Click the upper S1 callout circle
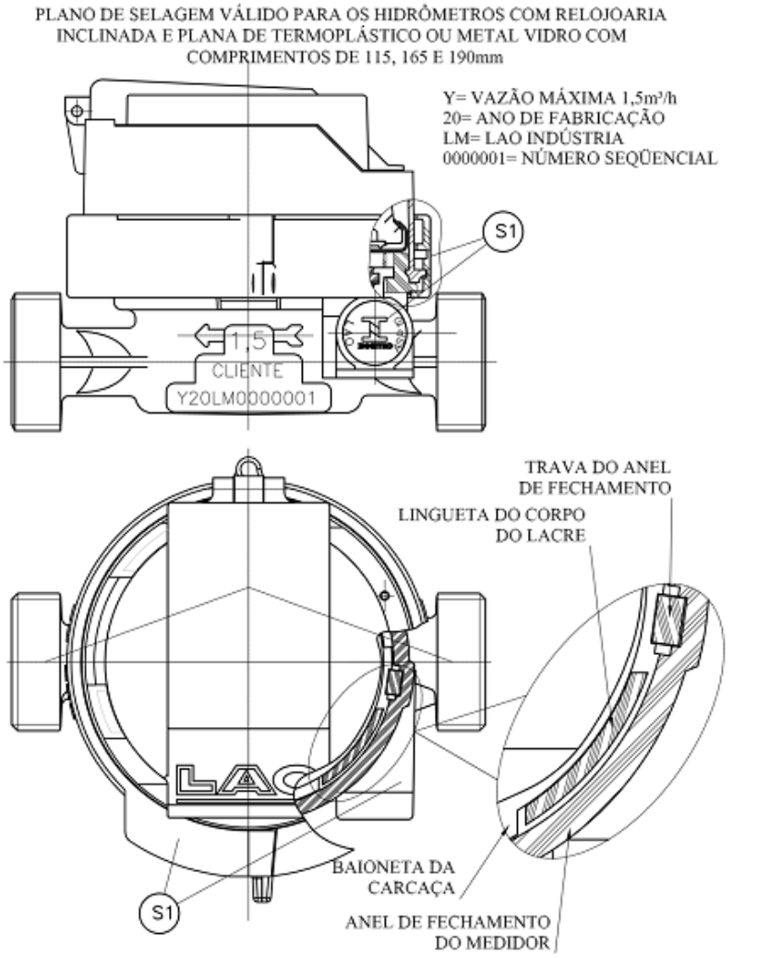503,232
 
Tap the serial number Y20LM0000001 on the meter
246,399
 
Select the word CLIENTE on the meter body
247,370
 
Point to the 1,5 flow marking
247,340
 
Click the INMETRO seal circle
373,333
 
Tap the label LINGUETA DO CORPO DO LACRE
492,525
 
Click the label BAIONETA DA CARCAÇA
394,877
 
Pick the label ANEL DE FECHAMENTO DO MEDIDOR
449,932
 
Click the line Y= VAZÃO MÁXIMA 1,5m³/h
559,98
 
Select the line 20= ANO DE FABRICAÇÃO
554,117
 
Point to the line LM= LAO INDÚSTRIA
533,138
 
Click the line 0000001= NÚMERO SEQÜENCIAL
580,158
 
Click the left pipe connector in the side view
36,362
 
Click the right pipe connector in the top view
461,661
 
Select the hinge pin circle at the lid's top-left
77,111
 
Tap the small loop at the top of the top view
248,467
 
